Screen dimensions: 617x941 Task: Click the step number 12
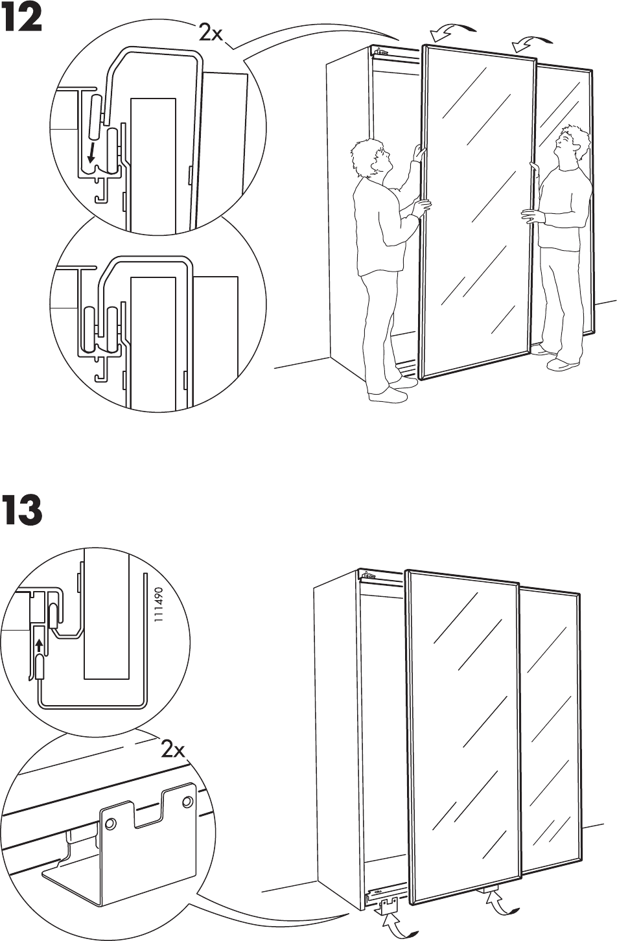(23, 20)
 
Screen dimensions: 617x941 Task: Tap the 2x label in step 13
(173, 750)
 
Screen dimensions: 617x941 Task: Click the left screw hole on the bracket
(110, 824)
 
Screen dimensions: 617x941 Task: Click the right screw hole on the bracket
(188, 800)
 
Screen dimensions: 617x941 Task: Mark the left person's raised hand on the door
(421, 154)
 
